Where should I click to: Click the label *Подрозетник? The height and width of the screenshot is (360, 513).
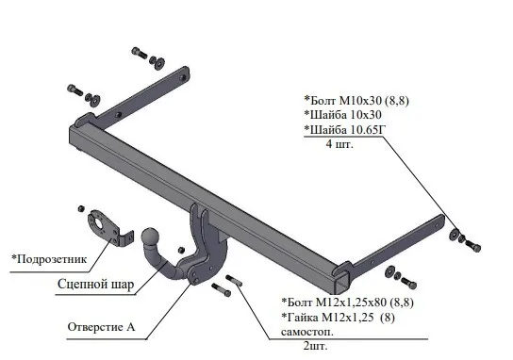point(49,259)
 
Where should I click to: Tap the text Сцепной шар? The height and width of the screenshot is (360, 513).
point(96,285)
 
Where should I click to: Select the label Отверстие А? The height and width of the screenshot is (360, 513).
point(101,327)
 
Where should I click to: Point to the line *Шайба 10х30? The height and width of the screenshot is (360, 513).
point(342,115)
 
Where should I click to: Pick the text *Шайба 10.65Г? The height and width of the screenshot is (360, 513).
point(345,130)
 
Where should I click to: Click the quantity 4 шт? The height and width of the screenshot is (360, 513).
point(339,144)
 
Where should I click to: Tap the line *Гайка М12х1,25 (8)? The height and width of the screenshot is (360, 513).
point(338,318)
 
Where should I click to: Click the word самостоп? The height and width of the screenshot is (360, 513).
point(307,332)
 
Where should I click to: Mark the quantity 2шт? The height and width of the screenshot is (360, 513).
point(315,346)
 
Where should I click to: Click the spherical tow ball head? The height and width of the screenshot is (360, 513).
point(150,237)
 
